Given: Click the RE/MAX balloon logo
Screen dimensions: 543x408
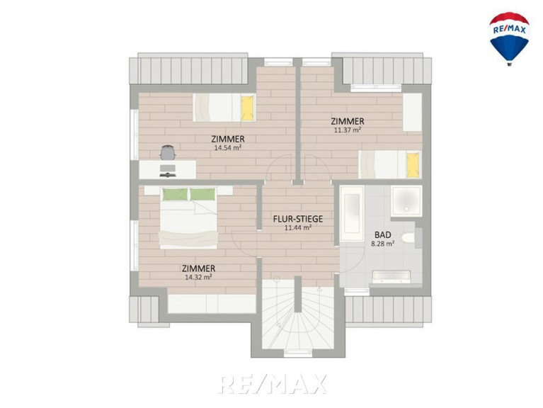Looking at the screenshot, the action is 509,38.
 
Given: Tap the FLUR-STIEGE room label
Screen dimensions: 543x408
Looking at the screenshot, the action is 298,219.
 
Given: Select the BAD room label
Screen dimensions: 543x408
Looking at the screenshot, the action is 383,235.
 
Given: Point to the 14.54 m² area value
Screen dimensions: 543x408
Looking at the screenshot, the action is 227,147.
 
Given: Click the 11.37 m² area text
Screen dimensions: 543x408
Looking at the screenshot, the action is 348,130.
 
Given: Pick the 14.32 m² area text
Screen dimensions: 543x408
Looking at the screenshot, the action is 198,277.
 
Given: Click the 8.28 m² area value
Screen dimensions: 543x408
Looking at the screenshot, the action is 383,244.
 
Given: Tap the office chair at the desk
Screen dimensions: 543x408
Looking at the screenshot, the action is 168,152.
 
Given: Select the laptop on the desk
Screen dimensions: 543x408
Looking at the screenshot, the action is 168,171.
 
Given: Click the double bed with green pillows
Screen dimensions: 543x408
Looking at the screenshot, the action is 188,218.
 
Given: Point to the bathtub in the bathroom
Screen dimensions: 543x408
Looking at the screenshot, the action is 352,213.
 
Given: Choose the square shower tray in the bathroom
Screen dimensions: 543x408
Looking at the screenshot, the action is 406,201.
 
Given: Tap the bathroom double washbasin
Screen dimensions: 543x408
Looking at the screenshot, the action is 391,277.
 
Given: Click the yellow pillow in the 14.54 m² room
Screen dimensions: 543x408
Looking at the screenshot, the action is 247,108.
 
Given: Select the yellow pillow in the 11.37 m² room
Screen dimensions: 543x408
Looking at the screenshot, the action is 413,164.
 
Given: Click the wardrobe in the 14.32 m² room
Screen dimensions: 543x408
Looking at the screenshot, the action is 212,304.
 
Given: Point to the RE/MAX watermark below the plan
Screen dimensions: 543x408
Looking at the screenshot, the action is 273,384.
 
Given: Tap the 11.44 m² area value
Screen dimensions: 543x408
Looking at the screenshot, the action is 298,228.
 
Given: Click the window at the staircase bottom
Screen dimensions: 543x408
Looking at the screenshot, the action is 298,353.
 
